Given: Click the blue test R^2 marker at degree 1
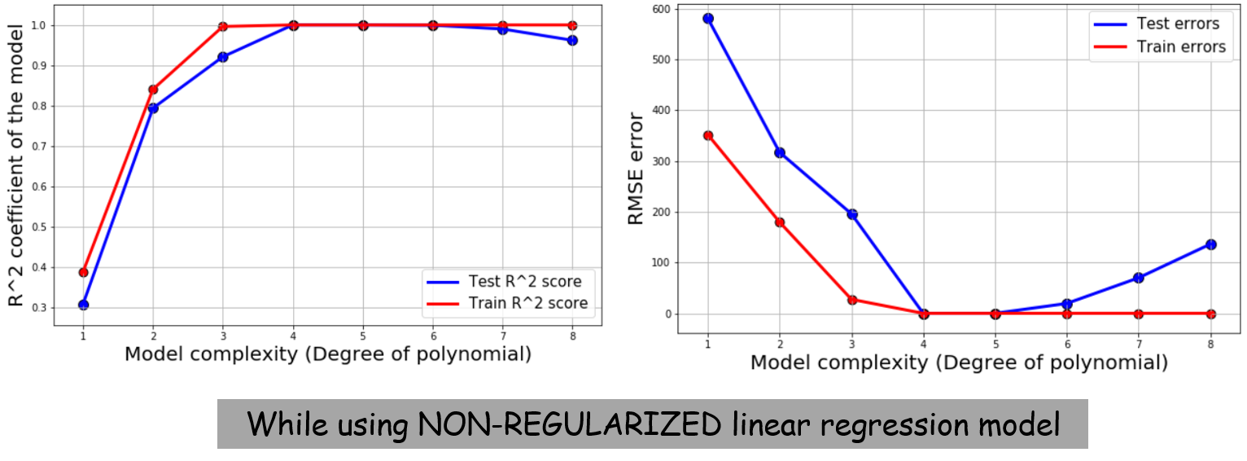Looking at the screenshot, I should (x=83, y=305).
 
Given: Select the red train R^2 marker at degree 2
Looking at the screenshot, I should (x=153, y=89).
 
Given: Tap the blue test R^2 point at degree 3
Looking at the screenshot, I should (x=222, y=57).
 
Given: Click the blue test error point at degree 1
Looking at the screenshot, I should (x=708, y=18).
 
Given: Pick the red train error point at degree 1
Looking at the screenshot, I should (x=708, y=135).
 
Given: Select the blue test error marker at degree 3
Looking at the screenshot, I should (x=852, y=214).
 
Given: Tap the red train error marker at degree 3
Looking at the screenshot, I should (x=852, y=300).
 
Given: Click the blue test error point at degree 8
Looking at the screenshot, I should (x=1211, y=244).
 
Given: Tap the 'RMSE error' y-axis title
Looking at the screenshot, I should (x=637, y=169).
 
